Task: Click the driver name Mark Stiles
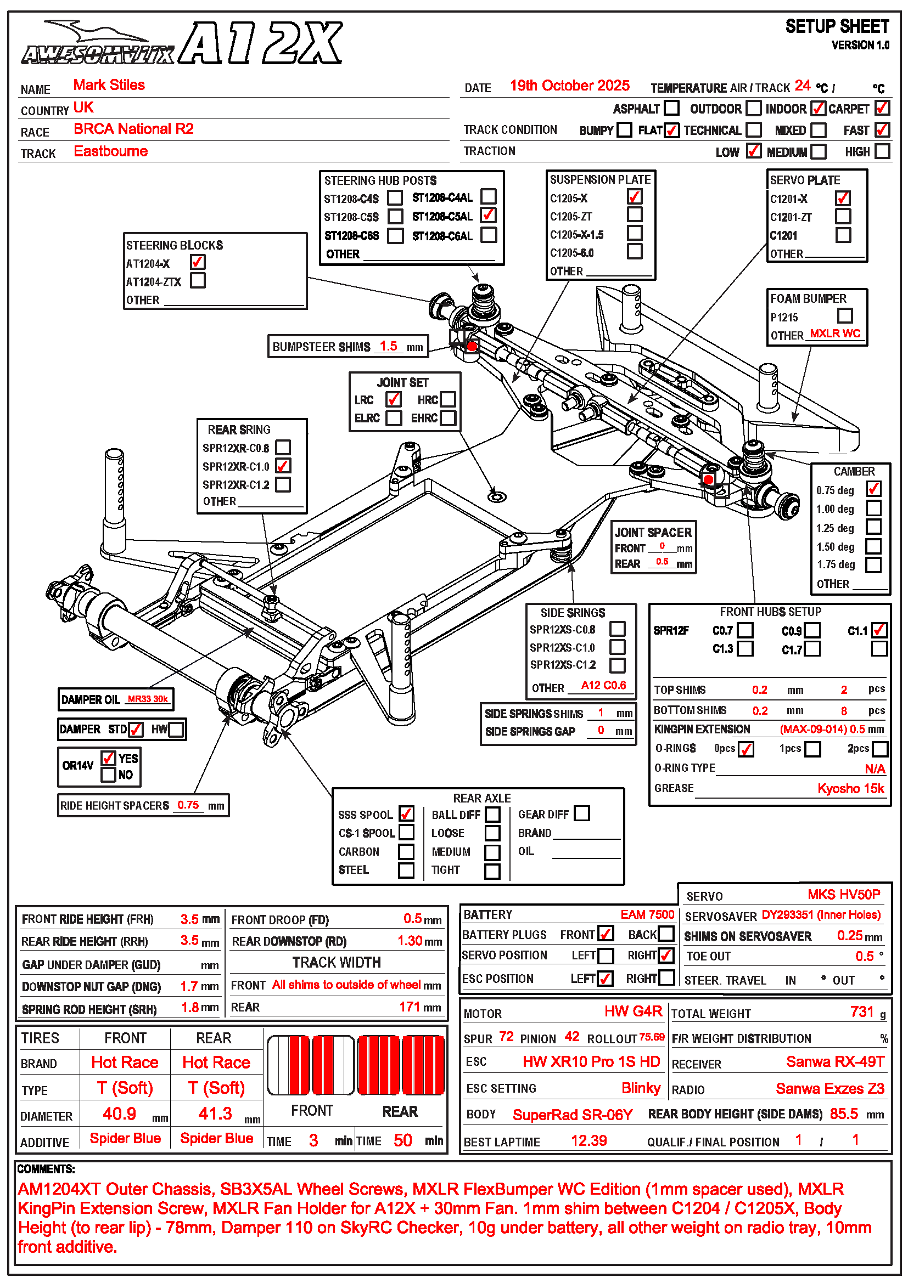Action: (x=109, y=85)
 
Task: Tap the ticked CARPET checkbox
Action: (x=882, y=108)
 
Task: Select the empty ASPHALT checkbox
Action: (x=671, y=108)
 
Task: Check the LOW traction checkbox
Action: (x=753, y=151)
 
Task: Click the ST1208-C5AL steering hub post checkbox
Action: (x=488, y=215)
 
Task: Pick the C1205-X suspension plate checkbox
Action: (x=634, y=197)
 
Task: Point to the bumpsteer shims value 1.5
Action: (x=388, y=346)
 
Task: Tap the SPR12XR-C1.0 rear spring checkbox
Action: (x=283, y=466)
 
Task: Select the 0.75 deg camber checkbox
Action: (x=873, y=489)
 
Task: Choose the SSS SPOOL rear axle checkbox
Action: (x=406, y=813)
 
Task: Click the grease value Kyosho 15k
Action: (x=850, y=788)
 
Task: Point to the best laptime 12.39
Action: (x=588, y=1140)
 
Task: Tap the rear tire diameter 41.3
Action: (x=215, y=1114)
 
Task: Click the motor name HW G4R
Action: (x=633, y=1011)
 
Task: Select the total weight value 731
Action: (x=861, y=1012)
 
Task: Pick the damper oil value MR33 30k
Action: (x=148, y=699)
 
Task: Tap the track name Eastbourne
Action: (x=111, y=151)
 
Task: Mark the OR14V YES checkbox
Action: (x=109, y=758)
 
